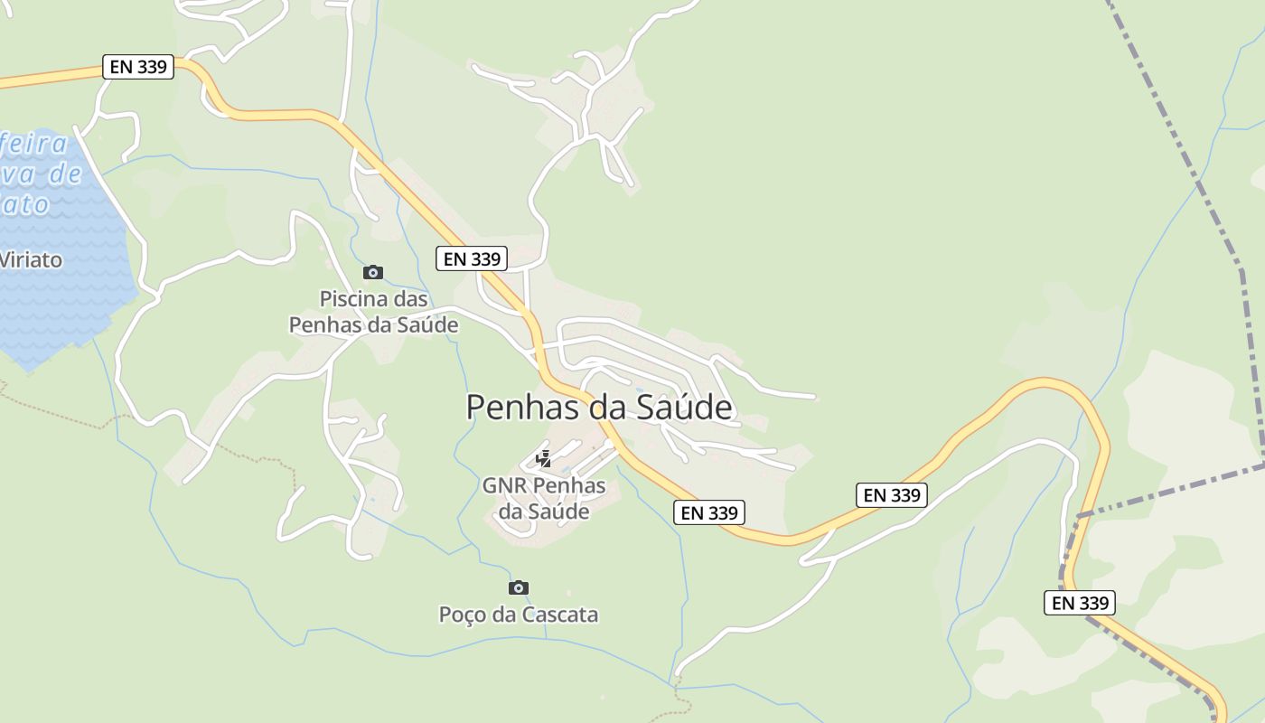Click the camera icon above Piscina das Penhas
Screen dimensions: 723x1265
[x=372, y=272]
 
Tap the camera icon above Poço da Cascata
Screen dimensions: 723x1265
[x=518, y=588]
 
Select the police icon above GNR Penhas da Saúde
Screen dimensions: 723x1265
[x=543, y=459]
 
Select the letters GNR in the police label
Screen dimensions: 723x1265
[x=504, y=485]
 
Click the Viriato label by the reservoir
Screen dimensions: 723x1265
[x=30, y=260]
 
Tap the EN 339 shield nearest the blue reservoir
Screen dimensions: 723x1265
[x=138, y=67]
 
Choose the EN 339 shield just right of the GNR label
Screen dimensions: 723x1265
[x=709, y=512]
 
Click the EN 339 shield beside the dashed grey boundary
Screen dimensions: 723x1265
[x=1079, y=603]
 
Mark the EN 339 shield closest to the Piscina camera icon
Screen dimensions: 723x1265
[x=472, y=258]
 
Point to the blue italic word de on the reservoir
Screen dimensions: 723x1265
[x=64, y=174]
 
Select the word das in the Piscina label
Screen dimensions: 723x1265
[x=409, y=299]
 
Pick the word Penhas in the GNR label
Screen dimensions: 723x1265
[x=569, y=485]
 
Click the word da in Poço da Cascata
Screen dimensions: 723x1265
[x=507, y=615]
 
